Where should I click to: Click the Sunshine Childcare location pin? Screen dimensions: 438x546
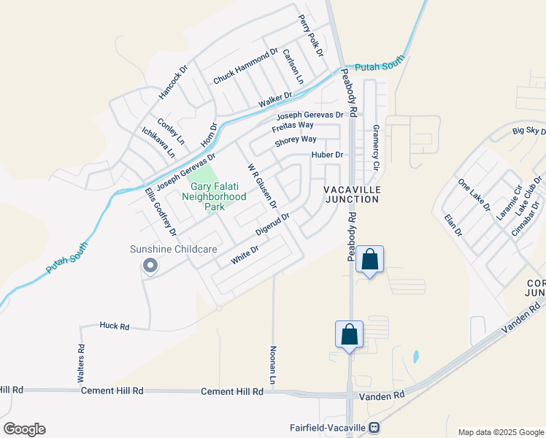coord(150,266)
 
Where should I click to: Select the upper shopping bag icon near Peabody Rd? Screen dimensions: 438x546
coord(370,260)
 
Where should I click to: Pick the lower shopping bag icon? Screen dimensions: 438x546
coord(350,335)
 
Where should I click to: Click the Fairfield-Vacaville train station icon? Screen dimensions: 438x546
coord(374,427)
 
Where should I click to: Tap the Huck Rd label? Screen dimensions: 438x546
coord(115,326)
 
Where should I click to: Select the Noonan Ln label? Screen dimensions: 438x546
coord(273,366)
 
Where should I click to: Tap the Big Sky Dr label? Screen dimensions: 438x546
coord(529,131)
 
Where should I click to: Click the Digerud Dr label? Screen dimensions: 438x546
coord(272,224)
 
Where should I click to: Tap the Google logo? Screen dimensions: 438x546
coord(24,429)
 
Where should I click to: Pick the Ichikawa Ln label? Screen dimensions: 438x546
coord(158,143)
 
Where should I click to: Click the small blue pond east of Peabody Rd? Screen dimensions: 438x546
coord(415,357)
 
